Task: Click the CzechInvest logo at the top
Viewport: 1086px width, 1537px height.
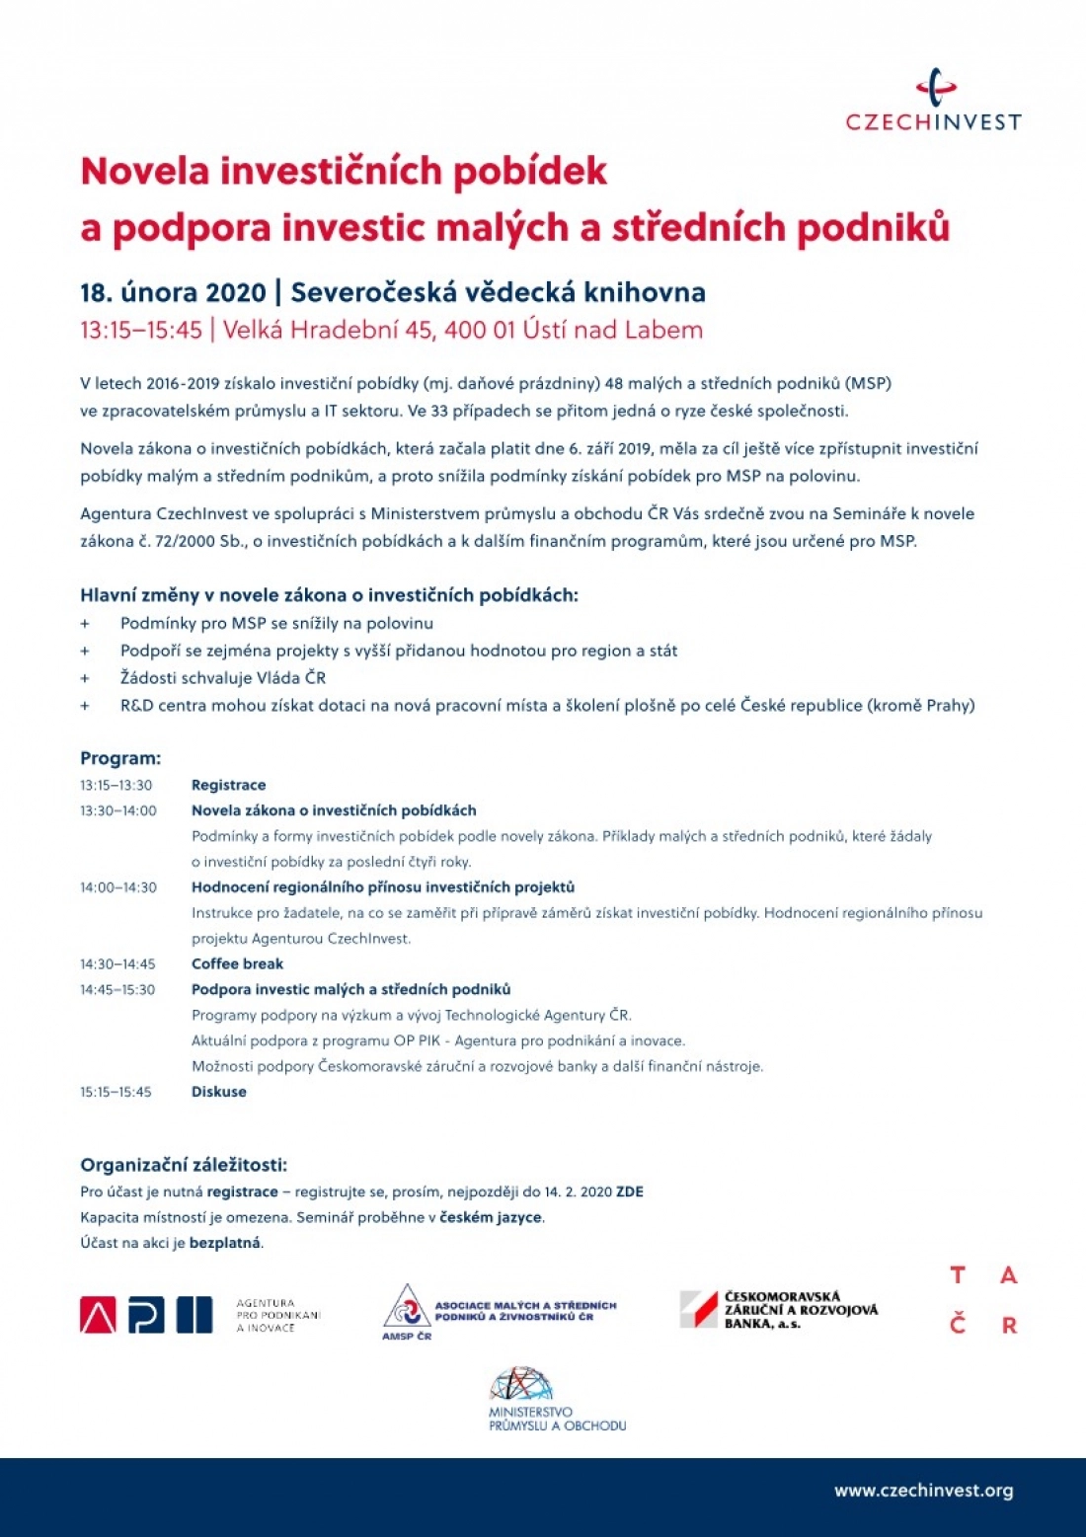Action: [933, 101]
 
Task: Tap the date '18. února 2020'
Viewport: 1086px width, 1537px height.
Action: [173, 293]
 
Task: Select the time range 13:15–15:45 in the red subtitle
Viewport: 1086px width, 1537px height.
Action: [140, 331]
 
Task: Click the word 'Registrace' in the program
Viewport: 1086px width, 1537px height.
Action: [228, 786]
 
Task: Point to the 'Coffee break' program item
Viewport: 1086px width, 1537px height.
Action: [237, 964]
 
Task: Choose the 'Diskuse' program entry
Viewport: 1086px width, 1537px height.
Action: [218, 1092]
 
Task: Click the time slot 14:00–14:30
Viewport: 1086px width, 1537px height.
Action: [118, 887]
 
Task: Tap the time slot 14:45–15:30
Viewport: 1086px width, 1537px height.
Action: [117, 990]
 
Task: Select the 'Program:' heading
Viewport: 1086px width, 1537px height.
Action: [120, 759]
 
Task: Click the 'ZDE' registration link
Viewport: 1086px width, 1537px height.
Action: [630, 1192]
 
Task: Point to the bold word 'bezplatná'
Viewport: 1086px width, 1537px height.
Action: [225, 1243]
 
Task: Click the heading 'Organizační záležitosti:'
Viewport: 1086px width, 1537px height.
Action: [184, 1165]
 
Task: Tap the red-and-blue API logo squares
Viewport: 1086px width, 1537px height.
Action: [146, 1315]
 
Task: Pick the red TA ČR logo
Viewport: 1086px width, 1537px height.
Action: [982, 1300]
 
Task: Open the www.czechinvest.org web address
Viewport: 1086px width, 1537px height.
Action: [923, 1491]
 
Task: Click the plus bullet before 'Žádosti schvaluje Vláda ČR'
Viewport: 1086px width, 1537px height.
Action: [85, 678]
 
